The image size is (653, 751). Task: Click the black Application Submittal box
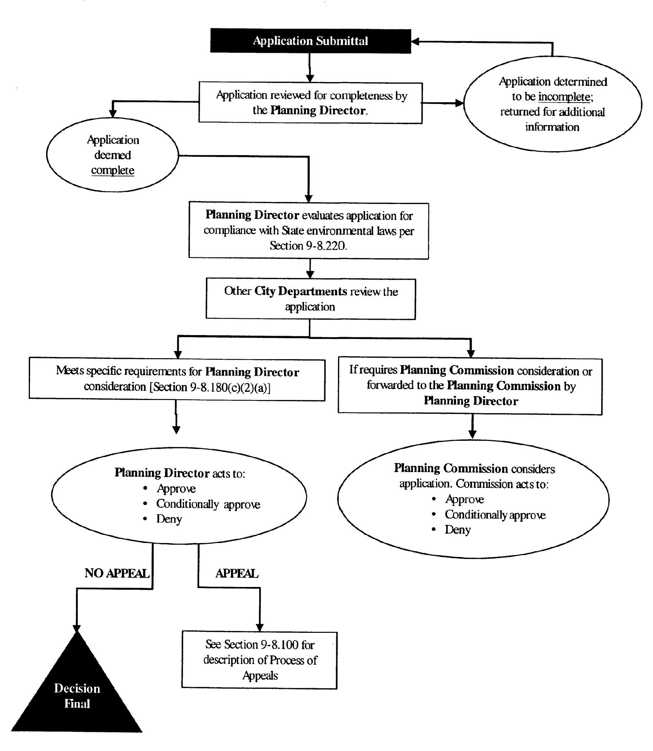coord(310,41)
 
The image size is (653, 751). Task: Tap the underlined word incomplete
coord(564,97)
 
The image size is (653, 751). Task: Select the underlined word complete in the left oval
coord(113,170)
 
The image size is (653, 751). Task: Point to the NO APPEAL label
coord(117,573)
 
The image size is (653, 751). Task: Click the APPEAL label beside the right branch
coord(237,573)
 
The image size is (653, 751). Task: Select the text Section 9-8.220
coord(308,246)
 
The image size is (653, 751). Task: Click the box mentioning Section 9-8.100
coord(260,660)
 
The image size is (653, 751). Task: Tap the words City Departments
coord(301,291)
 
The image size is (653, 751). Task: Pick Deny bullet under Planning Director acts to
coord(169,519)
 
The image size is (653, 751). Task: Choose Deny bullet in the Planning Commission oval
coord(458,530)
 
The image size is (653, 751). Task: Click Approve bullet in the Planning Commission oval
coord(464,499)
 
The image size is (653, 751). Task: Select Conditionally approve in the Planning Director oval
coord(208,504)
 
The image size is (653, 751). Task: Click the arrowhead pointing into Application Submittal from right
coord(415,42)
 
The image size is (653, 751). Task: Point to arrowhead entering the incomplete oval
coord(459,103)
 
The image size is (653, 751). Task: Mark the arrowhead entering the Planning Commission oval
coord(472,434)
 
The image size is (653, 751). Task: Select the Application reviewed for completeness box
coord(310,103)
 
